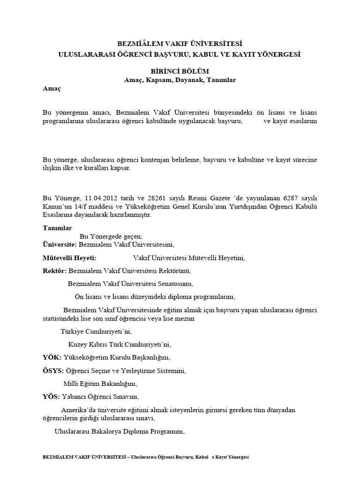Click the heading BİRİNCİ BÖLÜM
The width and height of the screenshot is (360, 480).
tap(180, 70)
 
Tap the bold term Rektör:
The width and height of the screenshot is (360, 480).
tap(54, 271)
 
